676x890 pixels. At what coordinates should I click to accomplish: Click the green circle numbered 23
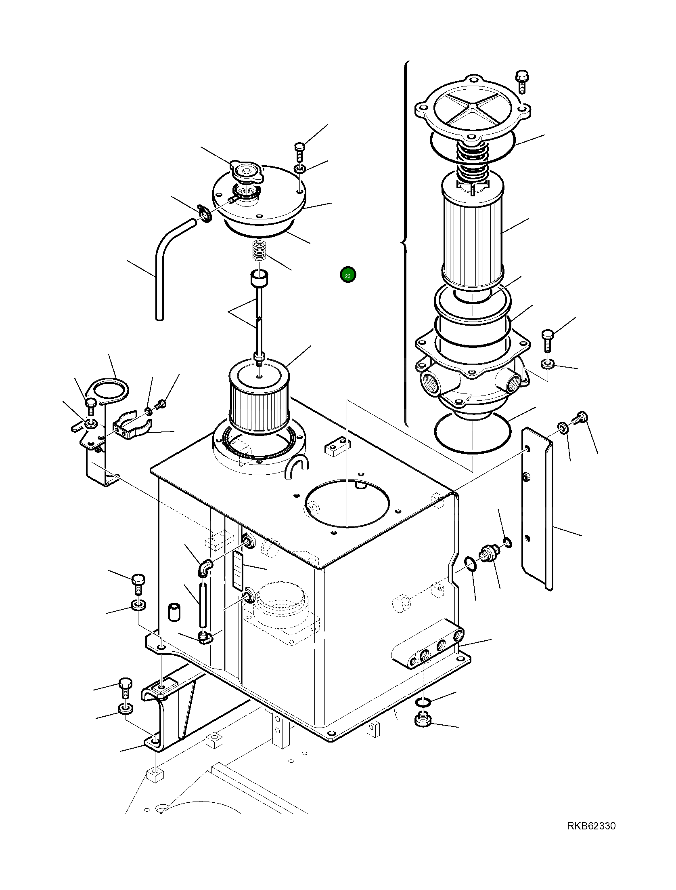[348, 275]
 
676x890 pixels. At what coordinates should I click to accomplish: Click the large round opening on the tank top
[347, 503]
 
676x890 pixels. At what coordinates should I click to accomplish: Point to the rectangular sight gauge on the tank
[238, 571]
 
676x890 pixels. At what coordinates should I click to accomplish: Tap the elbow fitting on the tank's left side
[205, 567]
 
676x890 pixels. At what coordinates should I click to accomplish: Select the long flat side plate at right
[537, 509]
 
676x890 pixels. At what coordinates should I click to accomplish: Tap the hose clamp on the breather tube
[205, 213]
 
